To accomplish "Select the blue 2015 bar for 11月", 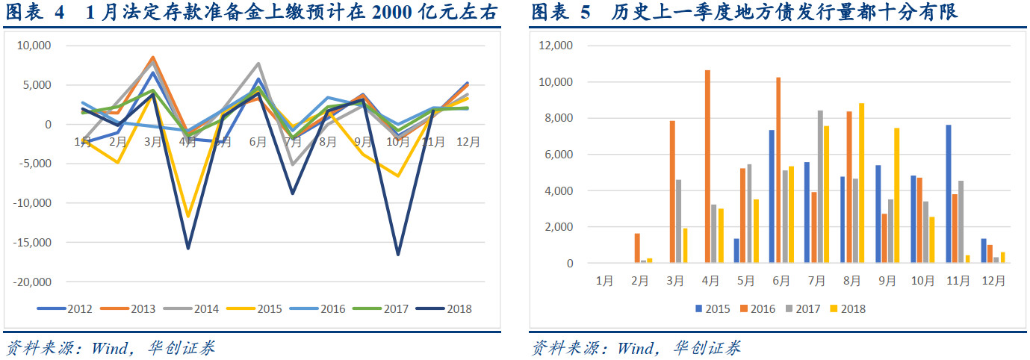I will point(949,194).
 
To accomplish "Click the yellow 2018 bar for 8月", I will point(861,183).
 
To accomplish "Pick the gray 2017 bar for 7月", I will point(820,187).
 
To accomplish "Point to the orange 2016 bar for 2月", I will point(637,249).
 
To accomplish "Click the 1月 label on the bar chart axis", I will point(604,281).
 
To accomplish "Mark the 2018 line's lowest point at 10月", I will point(399,255).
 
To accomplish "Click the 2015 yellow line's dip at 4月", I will point(188,217).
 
